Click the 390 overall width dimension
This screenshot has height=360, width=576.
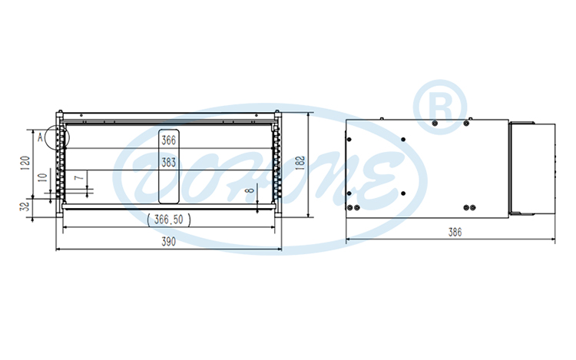pyautogui.click(x=169, y=243)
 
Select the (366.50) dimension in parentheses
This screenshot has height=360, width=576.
pyautogui.click(x=169, y=219)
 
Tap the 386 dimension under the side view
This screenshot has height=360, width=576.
pyautogui.click(x=455, y=233)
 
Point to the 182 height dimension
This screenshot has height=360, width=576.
pyautogui.click(x=300, y=161)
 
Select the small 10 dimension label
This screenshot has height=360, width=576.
pyautogui.click(x=42, y=177)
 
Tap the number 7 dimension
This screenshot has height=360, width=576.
pyautogui.click(x=77, y=178)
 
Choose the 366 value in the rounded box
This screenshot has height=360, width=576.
pyautogui.click(x=169, y=140)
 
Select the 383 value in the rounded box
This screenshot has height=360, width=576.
pyautogui.click(x=169, y=162)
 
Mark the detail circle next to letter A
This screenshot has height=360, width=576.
pyautogui.click(x=57, y=136)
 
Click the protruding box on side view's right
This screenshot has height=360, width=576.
pyautogui.click(x=532, y=168)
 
